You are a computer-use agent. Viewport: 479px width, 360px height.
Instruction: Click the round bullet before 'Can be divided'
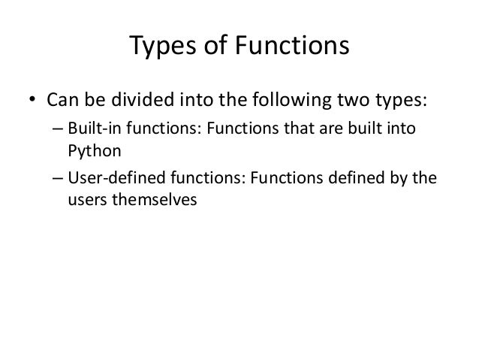click(x=33, y=100)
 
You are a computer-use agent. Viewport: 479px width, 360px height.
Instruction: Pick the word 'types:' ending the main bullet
click(x=393, y=100)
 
